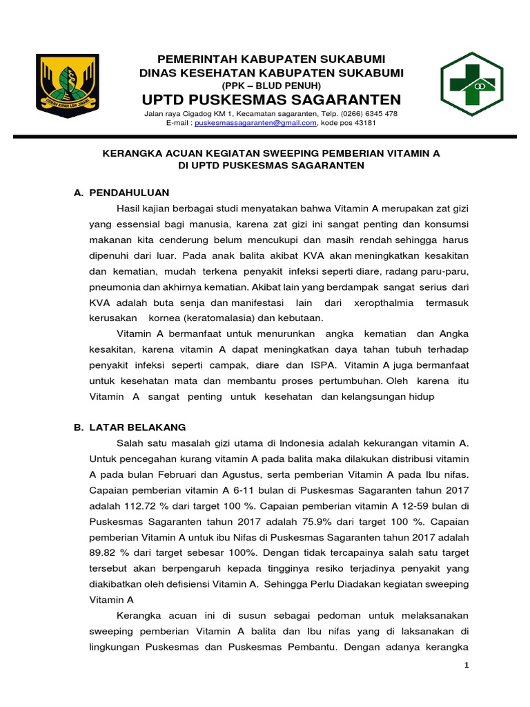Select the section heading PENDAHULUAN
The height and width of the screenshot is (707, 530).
[x=129, y=193]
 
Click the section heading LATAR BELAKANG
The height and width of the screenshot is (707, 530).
[x=137, y=427]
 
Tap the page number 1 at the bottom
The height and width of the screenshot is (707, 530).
[x=467, y=665]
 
